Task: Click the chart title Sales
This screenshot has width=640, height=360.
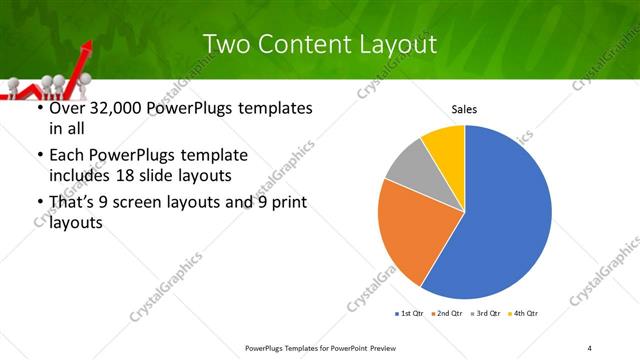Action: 464,109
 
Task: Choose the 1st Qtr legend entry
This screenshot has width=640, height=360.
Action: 409,314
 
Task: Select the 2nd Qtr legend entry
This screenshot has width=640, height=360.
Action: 448,314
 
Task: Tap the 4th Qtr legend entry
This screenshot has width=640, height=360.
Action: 525,314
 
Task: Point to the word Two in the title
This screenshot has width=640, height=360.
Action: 225,44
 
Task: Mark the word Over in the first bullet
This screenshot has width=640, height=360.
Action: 68,109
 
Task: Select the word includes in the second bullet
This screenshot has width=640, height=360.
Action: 83,176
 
